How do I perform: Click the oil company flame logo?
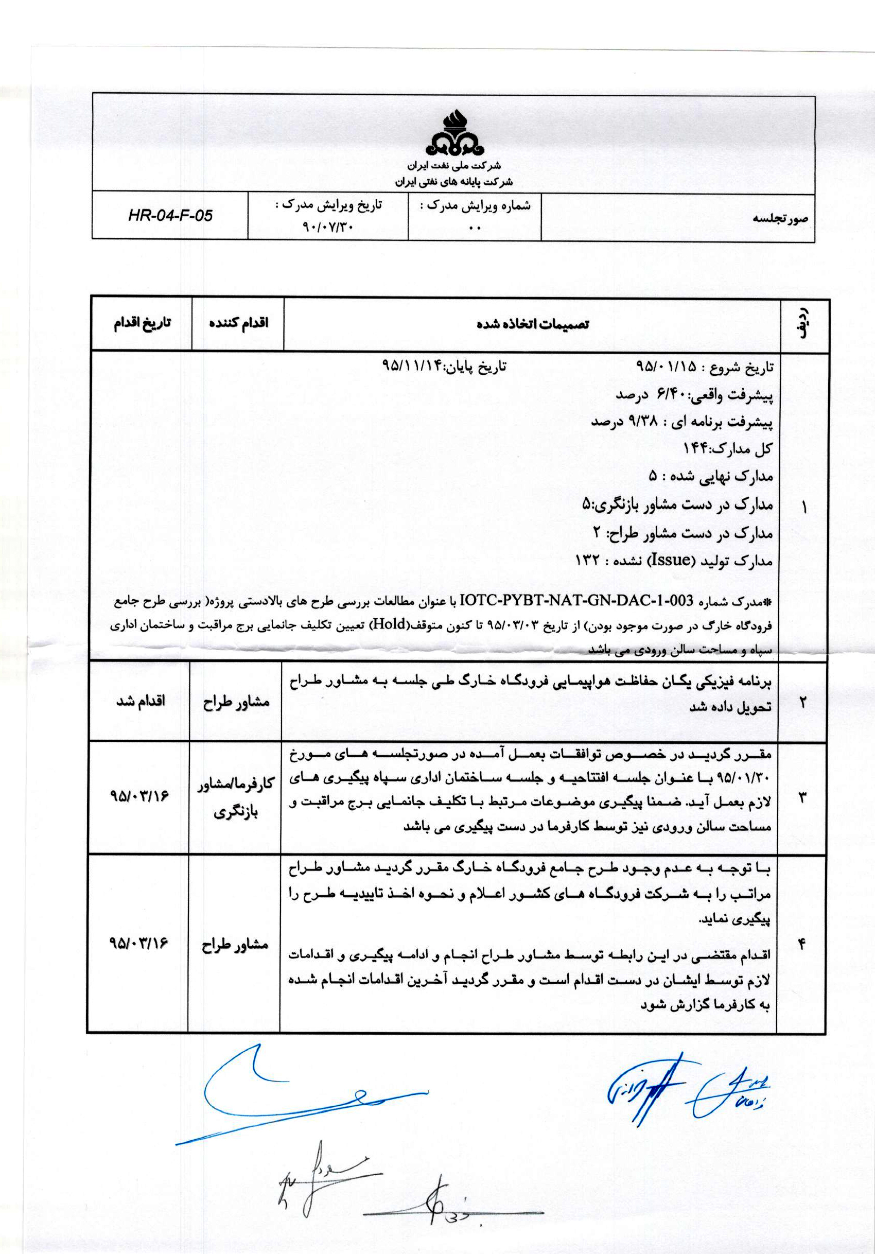[454, 133]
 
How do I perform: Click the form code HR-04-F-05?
[170, 215]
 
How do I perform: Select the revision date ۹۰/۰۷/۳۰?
[328, 225]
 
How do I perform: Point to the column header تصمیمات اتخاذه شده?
[533, 324]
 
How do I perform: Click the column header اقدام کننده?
[238, 323]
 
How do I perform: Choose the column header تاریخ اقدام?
[142, 323]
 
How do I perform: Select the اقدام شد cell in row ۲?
[141, 701]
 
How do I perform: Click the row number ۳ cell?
[802, 797]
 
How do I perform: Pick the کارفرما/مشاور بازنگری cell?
[235, 798]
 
